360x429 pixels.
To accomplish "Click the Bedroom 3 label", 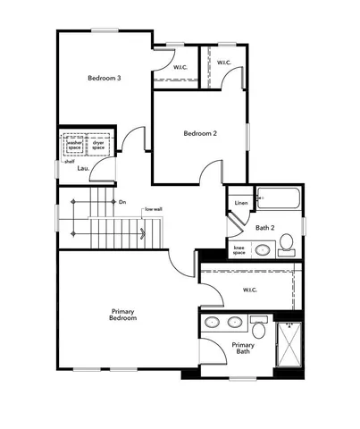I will tap(105, 79).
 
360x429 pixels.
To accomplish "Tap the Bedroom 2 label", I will tap(200, 134).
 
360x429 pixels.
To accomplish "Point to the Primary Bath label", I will tap(243, 348).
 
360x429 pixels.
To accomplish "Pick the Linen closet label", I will tap(240, 204).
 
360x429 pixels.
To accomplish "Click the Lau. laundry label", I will tap(83, 167).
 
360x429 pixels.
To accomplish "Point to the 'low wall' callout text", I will tap(153, 209).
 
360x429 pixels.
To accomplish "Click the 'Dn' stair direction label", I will tap(122, 202).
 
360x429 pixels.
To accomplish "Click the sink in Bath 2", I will tap(264, 249).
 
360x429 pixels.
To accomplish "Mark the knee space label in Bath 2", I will tap(239, 250).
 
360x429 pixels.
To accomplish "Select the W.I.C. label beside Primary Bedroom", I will tap(250, 290).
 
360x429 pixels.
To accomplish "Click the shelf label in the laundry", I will tap(69, 162).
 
